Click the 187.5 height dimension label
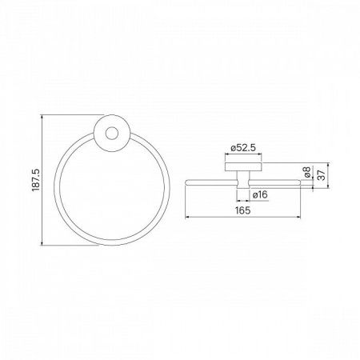pos(36,180)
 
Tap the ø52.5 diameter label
pos(243,147)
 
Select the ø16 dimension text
pos(260,194)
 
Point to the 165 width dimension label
pos(243,210)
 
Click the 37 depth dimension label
pos(322,175)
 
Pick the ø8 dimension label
pos(307,172)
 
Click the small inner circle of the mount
pos(111,134)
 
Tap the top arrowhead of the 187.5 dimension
pos(42,117)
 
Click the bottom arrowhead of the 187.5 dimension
pos(42,243)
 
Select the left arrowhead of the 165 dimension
pos(187,218)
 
